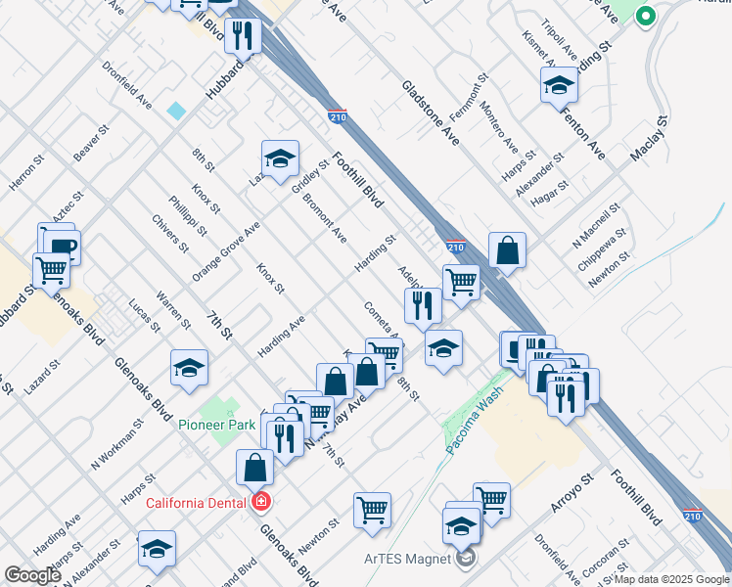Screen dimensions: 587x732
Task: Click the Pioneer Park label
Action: click(x=217, y=425)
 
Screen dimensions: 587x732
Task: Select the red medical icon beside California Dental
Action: click(x=260, y=504)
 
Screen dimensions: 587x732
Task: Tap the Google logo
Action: click(x=32, y=575)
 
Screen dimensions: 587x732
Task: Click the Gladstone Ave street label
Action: click(x=430, y=109)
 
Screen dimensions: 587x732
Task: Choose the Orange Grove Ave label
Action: click(x=226, y=251)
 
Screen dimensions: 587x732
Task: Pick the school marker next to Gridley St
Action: click(x=280, y=158)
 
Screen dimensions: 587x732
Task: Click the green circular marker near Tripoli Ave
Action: click(x=644, y=16)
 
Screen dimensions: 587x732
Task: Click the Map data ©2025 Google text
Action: click(x=672, y=579)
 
